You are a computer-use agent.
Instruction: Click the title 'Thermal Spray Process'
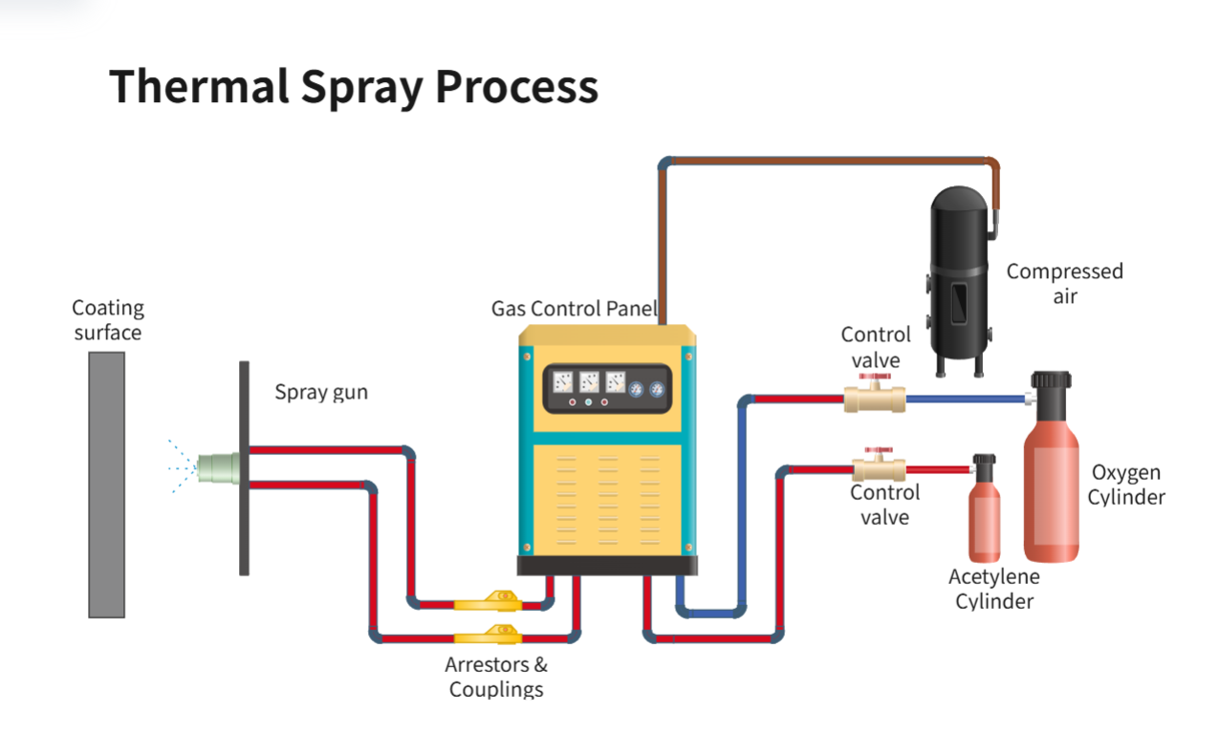click(353, 87)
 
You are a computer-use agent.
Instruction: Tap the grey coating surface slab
click(106, 484)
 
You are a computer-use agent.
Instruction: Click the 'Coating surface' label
click(108, 320)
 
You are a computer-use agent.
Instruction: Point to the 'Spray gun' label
click(321, 392)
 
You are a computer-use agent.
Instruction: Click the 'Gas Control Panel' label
click(574, 309)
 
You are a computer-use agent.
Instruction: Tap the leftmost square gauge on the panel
click(563, 383)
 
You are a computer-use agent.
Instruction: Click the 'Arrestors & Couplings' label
click(496, 677)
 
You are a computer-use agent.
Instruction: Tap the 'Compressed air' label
click(1064, 284)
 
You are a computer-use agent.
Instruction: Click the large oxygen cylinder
click(1051, 487)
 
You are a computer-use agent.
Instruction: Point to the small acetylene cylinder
click(984, 521)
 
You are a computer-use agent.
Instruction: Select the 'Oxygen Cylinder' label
click(1126, 485)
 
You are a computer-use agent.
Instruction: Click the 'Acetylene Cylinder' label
click(994, 589)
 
